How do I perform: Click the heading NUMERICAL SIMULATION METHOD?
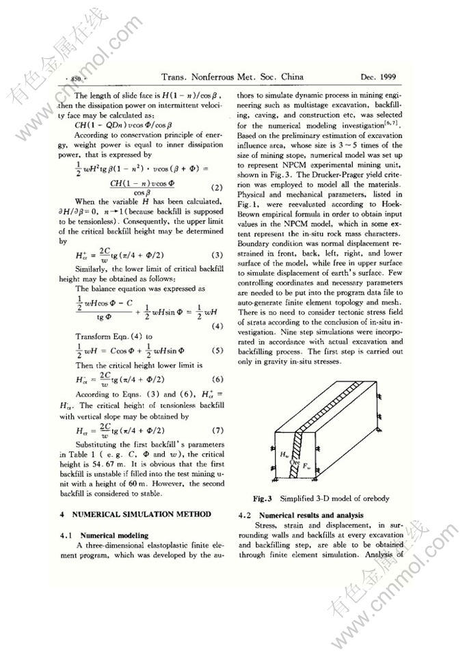point(135,513)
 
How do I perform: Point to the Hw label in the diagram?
point(284,453)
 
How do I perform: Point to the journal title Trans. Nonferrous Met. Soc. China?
point(232,77)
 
